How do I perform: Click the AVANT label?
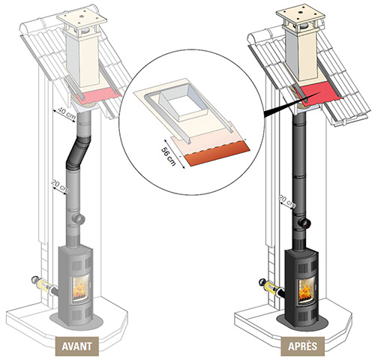[77, 346]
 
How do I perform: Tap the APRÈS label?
[302, 346]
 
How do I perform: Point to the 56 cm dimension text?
[169, 157]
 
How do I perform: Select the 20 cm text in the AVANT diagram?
[60, 186]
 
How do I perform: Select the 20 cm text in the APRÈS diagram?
[288, 201]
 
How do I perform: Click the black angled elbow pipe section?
[78, 152]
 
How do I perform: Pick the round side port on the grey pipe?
[79, 219]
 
